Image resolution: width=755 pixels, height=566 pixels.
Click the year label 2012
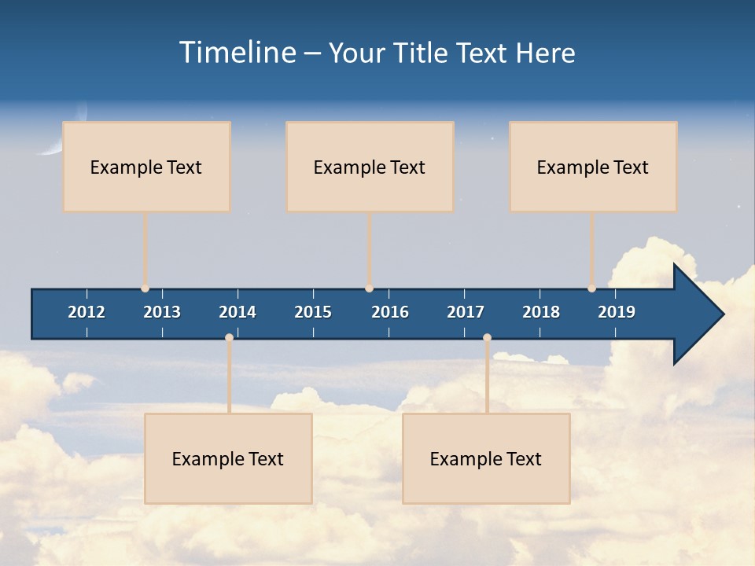pyautogui.click(x=87, y=312)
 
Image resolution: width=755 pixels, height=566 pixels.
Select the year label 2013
pyautogui.click(x=162, y=312)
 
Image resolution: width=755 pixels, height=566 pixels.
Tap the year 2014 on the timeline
pyautogui.click(x=238, y=312)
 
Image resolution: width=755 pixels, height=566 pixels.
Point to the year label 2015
pyautogui.click(x=313, y=312)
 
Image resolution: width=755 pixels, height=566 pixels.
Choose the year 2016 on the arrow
pyautogui.click(x=390, y=312)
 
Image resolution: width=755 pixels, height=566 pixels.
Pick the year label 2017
pyautogui.click(x=466, y=312)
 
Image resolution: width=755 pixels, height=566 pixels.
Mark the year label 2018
pyautogui.click(x=541, y=312)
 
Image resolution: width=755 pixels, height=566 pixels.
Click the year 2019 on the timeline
pyautogui.click(x=617, y=312)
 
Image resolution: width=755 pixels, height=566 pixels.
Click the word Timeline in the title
pyautogui.click(x=237, y=53)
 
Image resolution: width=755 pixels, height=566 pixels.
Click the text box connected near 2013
pyautogui.click(x=146, y=167)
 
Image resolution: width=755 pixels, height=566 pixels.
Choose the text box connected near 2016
pyautogui.click(x=370, y=167)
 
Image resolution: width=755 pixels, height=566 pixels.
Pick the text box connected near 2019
pyautogui.click(x=593, y=167)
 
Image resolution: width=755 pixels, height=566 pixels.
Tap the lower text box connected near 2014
pyautogui.click(x=228, y=458)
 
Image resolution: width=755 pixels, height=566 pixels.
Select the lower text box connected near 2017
pyautogui.click(x=486, y=458)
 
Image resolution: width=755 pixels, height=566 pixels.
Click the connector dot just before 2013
pyautogui.click(x=145, y=289)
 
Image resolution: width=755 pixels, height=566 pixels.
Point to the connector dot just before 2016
pyautogui.click(x=370, y=289)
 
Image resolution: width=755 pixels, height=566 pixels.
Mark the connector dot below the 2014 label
pyautogui.click(x=229, y=338)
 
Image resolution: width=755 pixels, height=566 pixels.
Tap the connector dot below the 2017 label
pyautogui.click(x=487, y=338)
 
